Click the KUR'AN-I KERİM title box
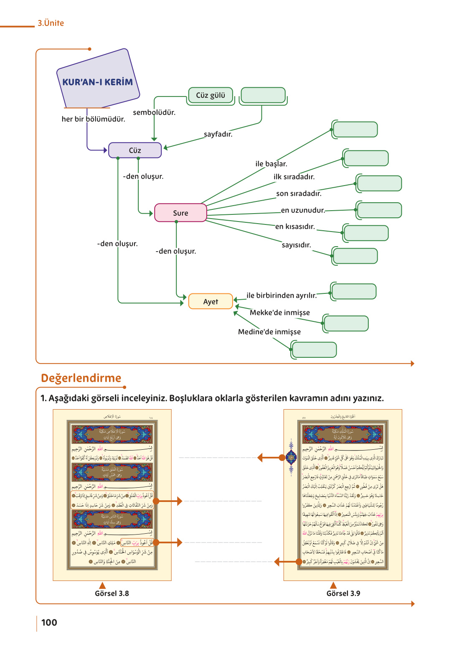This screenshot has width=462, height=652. click(98, 81)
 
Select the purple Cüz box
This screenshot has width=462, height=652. click(135, 150)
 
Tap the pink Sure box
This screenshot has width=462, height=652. click(180, 213)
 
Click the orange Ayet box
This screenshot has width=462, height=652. click(211, 301)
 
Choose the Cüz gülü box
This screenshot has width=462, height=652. click(211, 95)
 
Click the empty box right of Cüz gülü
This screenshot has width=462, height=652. click(263, 95)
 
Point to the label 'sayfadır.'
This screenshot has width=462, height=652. click(218, 134)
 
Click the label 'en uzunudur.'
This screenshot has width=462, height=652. click(303, 210)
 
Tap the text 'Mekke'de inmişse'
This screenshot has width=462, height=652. click(280, 313)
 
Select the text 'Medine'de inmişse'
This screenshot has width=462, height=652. click(269, 332)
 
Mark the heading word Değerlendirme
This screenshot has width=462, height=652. click(81, 378)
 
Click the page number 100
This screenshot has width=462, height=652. click(49, 622)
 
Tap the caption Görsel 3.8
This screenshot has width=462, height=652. click(112, 593)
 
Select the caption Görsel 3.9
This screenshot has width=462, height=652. click(343, 593)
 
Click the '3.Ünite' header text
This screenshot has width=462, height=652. click(51, 23)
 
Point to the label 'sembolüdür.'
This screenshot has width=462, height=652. click(154, 112)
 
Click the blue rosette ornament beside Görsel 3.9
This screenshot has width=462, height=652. click(291, 458)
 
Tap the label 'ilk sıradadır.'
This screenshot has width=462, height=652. click(294, 177)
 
